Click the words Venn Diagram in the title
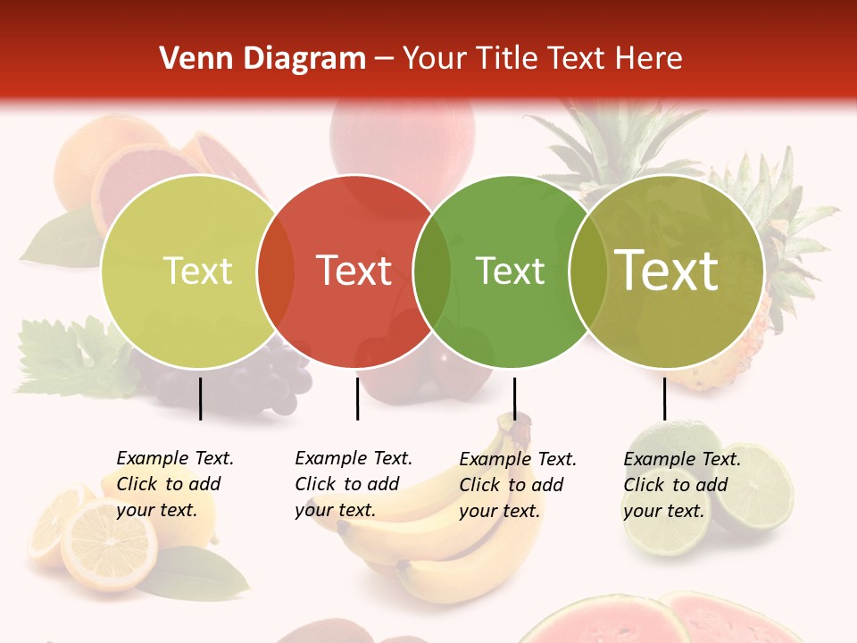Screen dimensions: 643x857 pyautogui.click(x=262, y=59)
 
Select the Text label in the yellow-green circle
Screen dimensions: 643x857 pyautogui.click(x=197, y=271)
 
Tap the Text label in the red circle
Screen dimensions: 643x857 pyautogui.click(x=354, y=271)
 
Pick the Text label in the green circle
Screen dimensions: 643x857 pyautogui.click(x=510, y=271)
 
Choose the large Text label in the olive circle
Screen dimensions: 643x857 pyautogui.click(x=667, y=271)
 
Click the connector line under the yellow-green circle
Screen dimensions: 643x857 pyautogui.click(x=200, y=398)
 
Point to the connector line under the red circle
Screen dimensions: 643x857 pyautogui.click(x=357, y=398)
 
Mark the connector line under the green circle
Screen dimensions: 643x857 pyautogui.click(x=514, y=398)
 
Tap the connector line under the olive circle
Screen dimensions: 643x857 pyautogui.click(x=664, y=398)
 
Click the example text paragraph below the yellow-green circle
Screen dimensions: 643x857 pyautogui.click(x=174, y=484)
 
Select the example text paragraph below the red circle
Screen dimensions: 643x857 pyautogui.click(x=353, y=484)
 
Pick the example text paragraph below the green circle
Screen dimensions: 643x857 pyautogui.click(x=517, y=485)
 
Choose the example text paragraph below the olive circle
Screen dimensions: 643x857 pyautogui.click(x=681, y=485)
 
